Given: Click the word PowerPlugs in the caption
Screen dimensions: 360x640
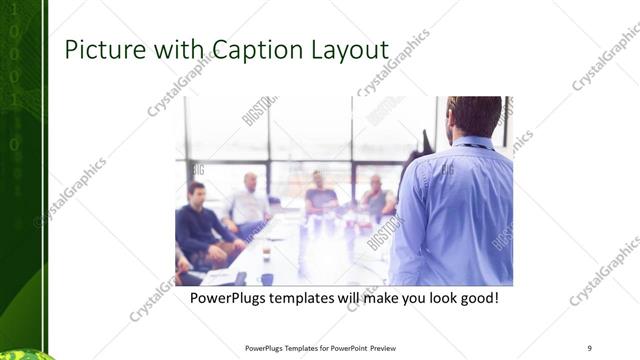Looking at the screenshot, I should point(229,298).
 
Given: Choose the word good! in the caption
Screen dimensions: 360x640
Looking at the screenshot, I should point(476,298).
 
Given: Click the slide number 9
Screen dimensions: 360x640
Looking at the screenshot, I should point(590,348).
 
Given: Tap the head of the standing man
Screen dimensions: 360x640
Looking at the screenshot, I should point(472,117).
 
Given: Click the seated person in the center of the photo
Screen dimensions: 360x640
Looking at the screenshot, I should point(320,195).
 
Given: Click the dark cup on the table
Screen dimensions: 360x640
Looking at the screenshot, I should point(266,278).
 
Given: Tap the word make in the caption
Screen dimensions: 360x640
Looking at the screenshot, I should point(378,298).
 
